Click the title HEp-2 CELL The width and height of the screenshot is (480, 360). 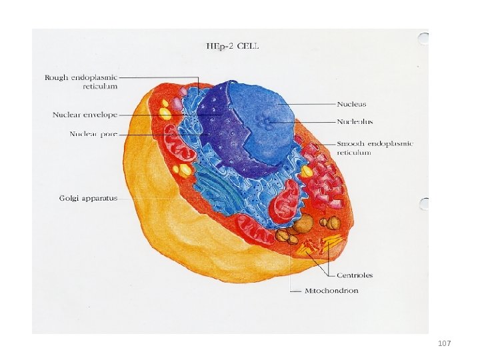click(232, 46)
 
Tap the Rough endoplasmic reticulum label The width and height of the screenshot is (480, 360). click(81, 81)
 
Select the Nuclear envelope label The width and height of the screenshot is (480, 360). click(85, 115)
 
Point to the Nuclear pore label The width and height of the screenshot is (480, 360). click(93, 134)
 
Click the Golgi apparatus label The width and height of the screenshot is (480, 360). click(88, 198)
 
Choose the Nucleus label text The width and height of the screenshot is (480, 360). click(351, 104)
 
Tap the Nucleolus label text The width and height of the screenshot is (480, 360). click(355, 122)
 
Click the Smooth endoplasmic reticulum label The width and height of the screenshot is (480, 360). click(375, 148)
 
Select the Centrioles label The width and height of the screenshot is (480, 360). click(354, 275)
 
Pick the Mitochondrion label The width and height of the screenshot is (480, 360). click(331, 291)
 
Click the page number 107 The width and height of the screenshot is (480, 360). click(445, 343)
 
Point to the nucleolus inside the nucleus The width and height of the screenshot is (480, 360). click(268, 122)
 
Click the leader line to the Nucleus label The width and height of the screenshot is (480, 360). click(307, 104)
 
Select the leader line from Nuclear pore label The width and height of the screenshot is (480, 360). click(160, 135)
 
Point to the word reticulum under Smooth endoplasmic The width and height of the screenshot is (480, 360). click(354, 153)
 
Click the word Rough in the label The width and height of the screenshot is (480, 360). click(56, 77)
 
